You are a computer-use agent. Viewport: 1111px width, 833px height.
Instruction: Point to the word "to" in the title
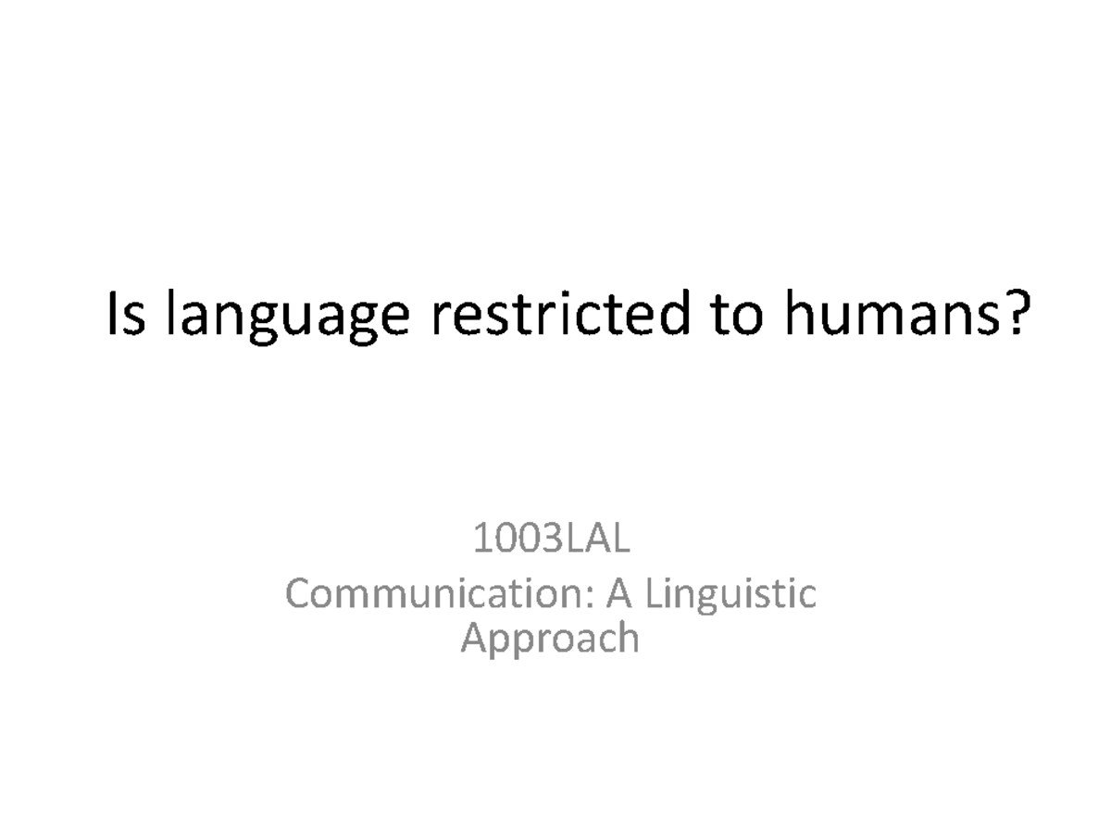point(737,316)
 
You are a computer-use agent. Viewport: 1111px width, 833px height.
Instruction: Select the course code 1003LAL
point(552,540)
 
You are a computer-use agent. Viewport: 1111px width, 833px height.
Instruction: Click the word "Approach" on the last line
point(550,640)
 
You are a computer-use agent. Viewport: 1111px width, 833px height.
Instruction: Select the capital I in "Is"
point(113,316)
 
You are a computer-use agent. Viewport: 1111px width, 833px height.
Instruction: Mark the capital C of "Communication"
point(300,593)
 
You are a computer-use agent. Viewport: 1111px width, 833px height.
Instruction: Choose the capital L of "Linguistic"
point(651,593)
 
